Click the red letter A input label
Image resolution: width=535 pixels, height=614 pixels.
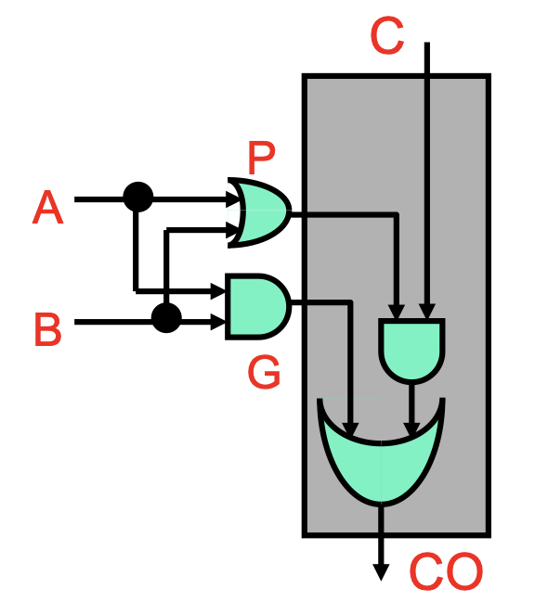click(x=47, y=207)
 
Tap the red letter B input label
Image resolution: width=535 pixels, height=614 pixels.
click(x=48, y=329)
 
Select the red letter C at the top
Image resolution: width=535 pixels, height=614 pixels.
click(x=387, y=35)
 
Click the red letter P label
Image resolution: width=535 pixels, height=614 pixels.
click(x=262, y=157)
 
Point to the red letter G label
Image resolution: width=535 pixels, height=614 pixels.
click(x=264, y=372)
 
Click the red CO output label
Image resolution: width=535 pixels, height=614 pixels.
click(x=446, y=571)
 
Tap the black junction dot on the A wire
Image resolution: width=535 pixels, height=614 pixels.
click(x=138, y=197)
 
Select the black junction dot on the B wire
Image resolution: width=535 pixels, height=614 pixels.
click(x=166, y=317)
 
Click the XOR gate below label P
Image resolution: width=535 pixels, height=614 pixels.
click(x=260, y=212)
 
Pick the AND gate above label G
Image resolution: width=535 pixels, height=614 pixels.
click(x=258, y=307)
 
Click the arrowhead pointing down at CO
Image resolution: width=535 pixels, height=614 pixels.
click(x=381, y=571)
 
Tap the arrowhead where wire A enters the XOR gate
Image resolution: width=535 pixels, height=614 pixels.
click(x=231, y=199)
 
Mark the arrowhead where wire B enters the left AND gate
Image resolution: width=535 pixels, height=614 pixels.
click(x=218, y=322)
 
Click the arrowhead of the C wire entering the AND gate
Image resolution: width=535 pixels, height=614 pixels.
click(x=427, y=312)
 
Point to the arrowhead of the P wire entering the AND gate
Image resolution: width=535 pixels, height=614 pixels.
click(x=398, y=312)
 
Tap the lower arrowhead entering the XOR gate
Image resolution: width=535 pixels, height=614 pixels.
click(x=231, y=229)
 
